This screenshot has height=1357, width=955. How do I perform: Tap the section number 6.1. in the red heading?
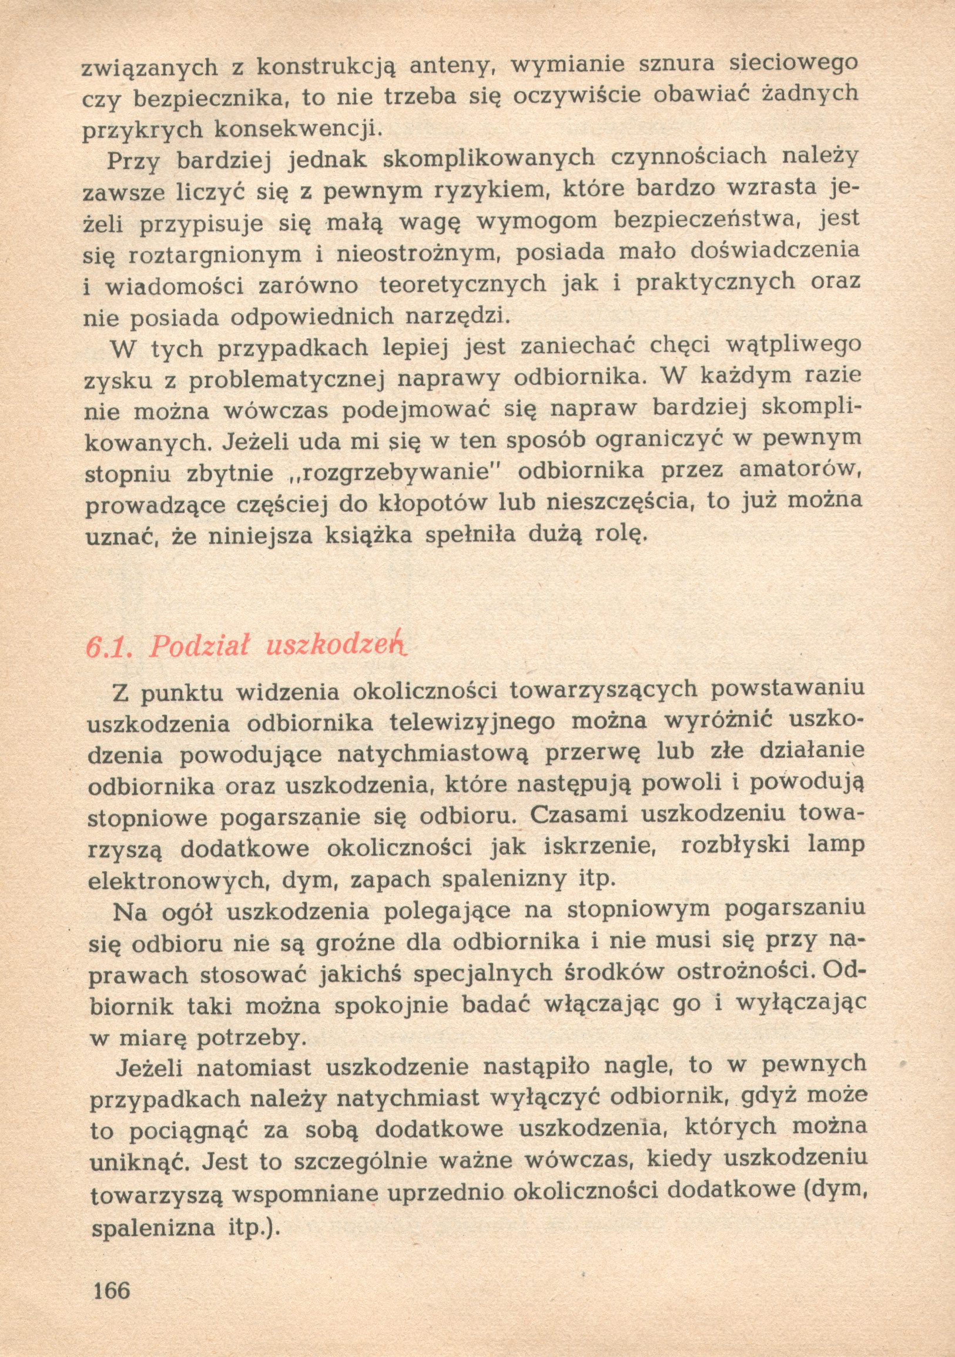(x=108, y=648)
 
